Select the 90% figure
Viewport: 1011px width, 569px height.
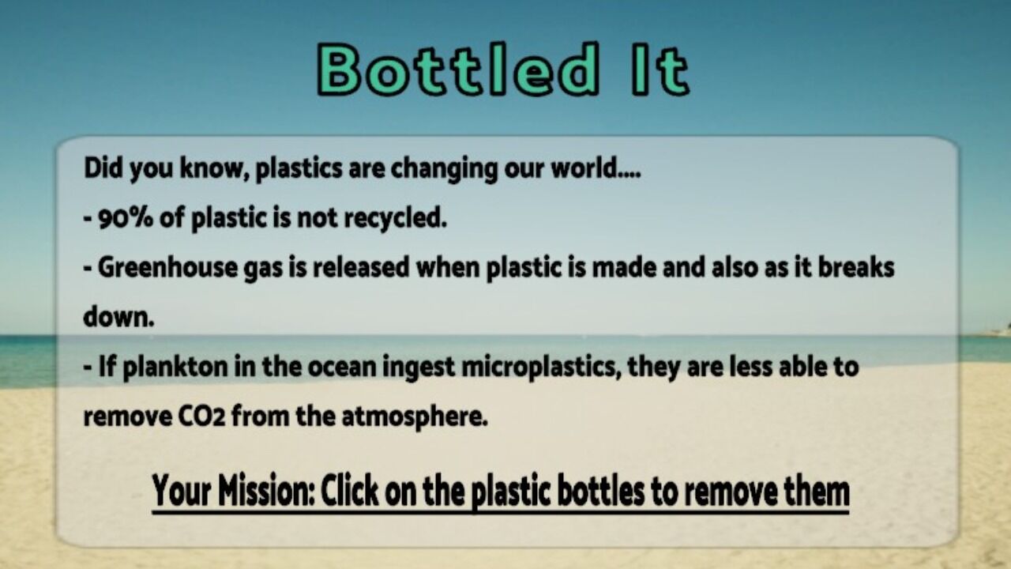(x=126, y=218)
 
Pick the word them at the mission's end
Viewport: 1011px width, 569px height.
(x=817, y=491)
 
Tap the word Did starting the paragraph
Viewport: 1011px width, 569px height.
(x=100, y=168)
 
